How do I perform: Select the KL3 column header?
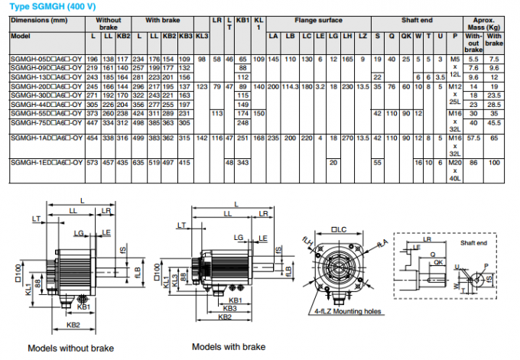click(x=202, y=36)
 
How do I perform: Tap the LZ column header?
click(x=362, y=36)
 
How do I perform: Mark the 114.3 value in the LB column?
click(x=290, y=87)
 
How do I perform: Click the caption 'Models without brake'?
click(x=70, y=348)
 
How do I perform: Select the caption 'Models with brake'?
click(x=228, y=346)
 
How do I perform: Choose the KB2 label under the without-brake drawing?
click(x=73, y=324)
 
